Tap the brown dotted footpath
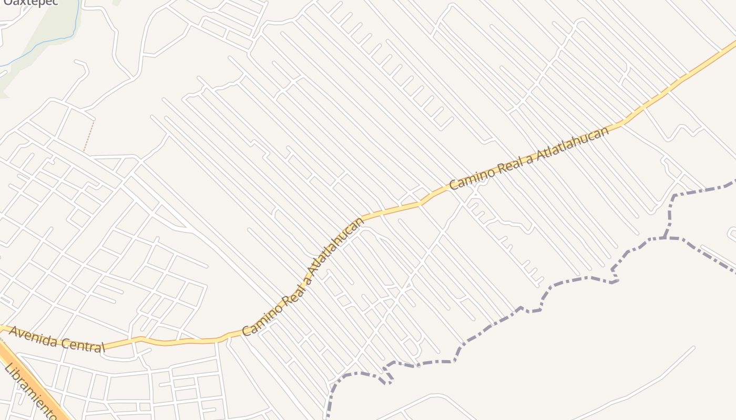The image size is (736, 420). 89,136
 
